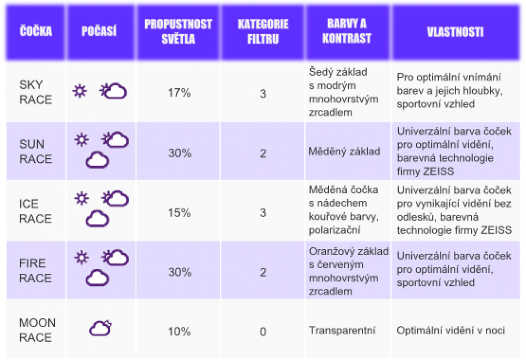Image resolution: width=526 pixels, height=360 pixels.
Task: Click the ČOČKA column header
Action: point(36,31)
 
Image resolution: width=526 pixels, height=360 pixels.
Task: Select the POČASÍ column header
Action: point(99,31)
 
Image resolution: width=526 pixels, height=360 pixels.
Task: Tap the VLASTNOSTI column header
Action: point(455,32)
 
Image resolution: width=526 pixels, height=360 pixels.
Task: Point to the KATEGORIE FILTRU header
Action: point(263,32)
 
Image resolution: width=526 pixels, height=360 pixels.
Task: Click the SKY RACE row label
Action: point(36,92)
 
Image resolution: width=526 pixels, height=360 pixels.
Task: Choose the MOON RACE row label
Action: point(37,330)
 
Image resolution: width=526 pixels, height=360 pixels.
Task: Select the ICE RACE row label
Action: point(35,211)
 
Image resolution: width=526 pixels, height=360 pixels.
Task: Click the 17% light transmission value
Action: point(179,92)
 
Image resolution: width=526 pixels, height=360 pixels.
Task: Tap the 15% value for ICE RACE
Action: point(179,212)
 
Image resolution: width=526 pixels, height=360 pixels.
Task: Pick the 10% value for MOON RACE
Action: point(179,332)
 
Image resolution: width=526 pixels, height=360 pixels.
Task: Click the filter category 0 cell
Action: point(263,332)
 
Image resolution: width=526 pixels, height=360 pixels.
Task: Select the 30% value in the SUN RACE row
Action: point(179,153)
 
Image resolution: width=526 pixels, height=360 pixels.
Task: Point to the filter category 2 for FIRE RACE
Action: point(263,272)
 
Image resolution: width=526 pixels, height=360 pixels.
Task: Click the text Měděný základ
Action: point(344,151)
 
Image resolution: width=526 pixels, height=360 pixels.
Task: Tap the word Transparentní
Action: point(342,331)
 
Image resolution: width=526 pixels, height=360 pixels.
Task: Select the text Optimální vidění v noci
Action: point(451,331)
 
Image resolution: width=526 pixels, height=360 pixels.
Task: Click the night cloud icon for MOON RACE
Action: point(100,328)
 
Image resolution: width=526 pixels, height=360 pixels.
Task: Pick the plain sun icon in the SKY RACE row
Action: point(80,91)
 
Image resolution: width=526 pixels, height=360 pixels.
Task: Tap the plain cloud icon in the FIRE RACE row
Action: point(97,277)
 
